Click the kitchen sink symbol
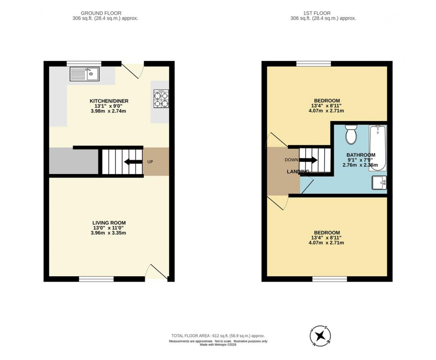coord(85,74)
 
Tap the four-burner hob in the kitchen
coord(161,98)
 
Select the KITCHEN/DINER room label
coord(109,101)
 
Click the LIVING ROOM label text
coord(109,223)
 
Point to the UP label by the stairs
coord(150,162)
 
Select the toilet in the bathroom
coord(351,134)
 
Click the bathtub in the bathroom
coord(379,148)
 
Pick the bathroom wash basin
coord(379,182)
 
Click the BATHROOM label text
coord(360,155)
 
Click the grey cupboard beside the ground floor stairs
coord(73,162)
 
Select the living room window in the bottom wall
coord(96,279)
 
